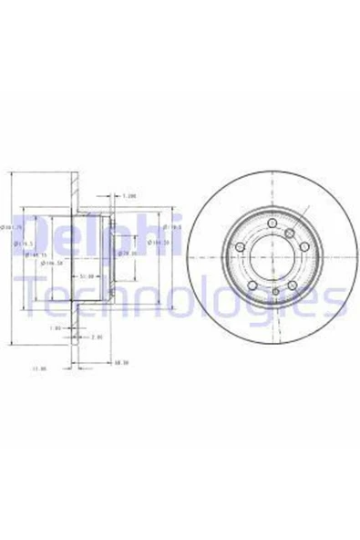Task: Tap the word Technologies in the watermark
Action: [x=182, y=294]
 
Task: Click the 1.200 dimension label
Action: [x=129, y=193]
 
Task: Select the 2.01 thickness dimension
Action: [x=98, y=337]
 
